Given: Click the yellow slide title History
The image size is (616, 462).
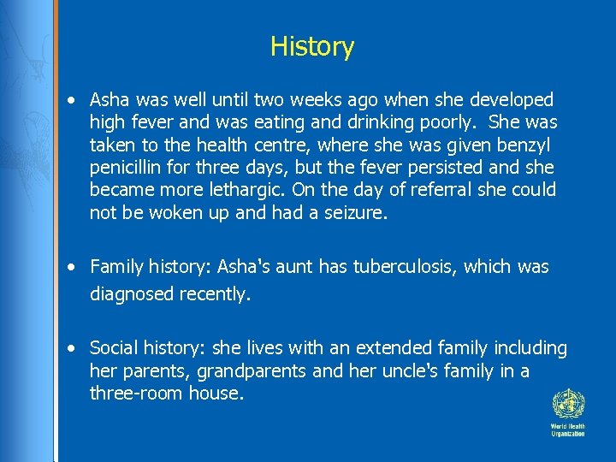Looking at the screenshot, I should click(311, 46).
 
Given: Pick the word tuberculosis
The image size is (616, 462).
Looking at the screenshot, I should click(401, 267).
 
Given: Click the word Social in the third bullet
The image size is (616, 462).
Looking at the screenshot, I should click(111, 347).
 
